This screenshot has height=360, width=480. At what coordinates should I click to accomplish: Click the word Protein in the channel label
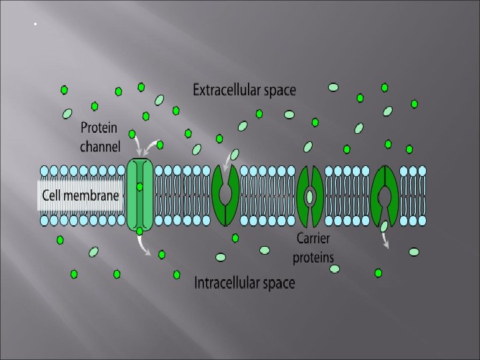pyautogui.click(x=99, y=127)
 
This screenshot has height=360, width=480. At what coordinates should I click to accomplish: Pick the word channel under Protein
pyautogui.click(x=100, y=146)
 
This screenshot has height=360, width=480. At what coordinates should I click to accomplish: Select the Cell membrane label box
pyautogui.click(x=81, y=195)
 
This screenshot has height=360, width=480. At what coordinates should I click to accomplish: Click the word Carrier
pyautogui.click(x=313, y=239)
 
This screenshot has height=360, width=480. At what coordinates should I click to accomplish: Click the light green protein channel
pyautogui.click(x=140, y=195)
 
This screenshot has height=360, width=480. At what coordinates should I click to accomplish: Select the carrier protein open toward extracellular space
pyautogui.click(x=225, y=195)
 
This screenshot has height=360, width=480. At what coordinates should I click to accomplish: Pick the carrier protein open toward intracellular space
pyautogui.click(x=385, y=195)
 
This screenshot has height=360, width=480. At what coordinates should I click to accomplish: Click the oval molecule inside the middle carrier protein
pyautogui.click(x=310, y=196)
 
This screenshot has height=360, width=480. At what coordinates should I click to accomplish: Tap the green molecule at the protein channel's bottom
pyautogui.click(x=139, y=231)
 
